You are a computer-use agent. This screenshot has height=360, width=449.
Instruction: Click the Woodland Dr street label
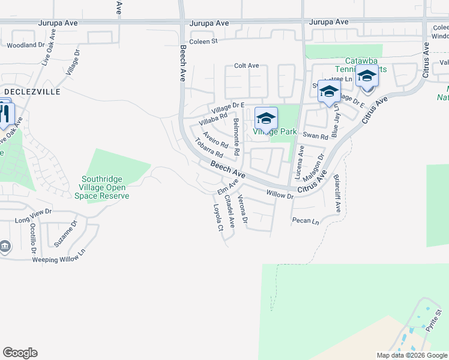click(26, 45)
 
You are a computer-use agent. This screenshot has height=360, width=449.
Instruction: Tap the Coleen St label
click(203, 41)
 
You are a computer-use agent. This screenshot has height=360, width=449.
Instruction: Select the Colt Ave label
click(246, 65)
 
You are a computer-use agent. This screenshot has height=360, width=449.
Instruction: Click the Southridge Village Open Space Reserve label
click(106, 187)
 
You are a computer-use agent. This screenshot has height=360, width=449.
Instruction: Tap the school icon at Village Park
click(266, 118)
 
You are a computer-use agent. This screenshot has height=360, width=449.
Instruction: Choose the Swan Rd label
click(315, 136)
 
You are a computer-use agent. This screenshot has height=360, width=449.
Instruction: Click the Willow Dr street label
click(280, 195)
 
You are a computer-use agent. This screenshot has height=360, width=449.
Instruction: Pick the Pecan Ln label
click(306, 221)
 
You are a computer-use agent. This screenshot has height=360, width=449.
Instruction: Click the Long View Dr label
click(33, 216)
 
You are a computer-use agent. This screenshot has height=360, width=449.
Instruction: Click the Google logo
click(20, 353)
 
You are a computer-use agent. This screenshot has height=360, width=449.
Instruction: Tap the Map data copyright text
click(411, 355)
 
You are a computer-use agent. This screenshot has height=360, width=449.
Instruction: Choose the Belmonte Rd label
click(236, 137)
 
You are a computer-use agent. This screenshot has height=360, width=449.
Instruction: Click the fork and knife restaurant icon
click(5, 114)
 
